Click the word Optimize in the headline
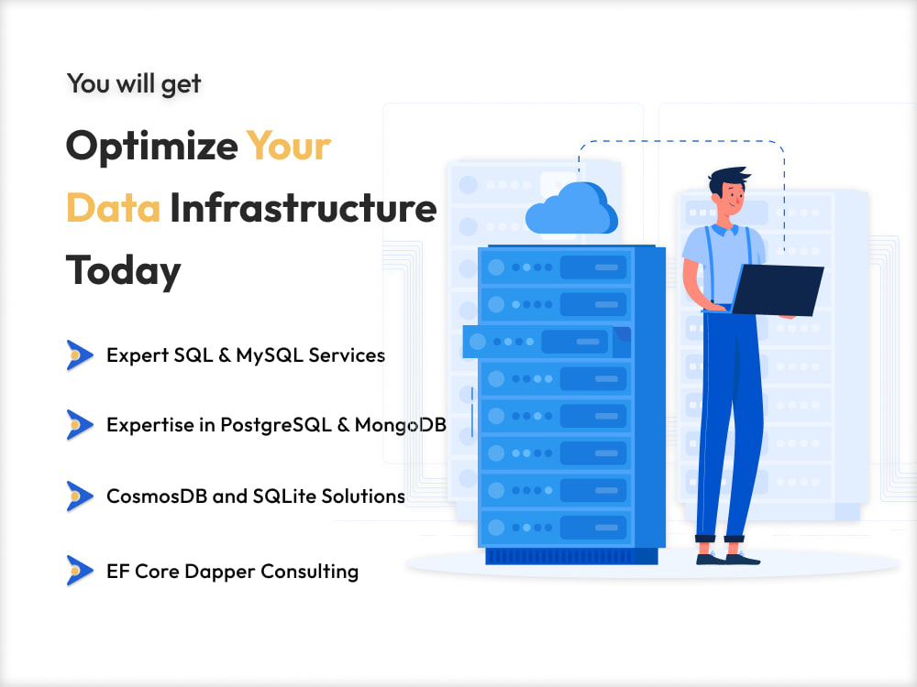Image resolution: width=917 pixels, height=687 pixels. (x=151, y=147)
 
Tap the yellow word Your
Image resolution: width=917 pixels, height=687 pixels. (x=288, y=146)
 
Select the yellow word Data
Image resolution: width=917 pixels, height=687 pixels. (x=113, y=208)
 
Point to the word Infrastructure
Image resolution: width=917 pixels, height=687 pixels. (x=303, y=207)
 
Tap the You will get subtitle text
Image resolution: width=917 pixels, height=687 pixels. (x=134, y=83)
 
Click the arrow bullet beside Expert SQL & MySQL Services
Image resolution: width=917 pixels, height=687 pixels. (x=80, y=355)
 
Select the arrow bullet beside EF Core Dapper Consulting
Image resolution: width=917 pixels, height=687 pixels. (x=80, y=571)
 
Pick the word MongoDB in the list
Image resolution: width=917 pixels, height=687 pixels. (x=400, y=425)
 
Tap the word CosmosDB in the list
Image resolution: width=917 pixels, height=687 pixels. (x=157, y=496)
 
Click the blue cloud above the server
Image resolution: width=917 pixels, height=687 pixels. (x=571, y=209)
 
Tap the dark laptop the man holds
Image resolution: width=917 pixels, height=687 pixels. (x=778, y=290)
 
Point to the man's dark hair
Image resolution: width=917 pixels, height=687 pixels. (x=727, y=179)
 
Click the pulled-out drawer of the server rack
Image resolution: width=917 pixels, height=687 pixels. (x=547, y=342)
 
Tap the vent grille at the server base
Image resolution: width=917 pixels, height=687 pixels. (x=571, y=556)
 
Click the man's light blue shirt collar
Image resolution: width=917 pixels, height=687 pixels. (x=724, y=228)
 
